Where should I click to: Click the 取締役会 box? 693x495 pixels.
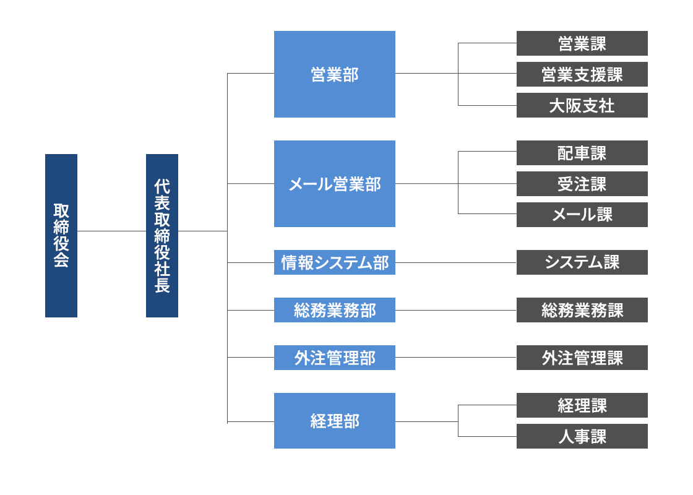(x=61, y=236)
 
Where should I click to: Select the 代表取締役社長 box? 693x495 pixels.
(x=162, y=236)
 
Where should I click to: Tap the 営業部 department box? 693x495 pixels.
(x=334, y=74)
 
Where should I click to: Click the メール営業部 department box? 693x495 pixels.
(x=334, y=184)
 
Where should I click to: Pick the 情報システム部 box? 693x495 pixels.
(x=334, y=262)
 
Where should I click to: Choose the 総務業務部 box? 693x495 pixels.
(x=334, y=310)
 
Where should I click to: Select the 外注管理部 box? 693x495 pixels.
(x=334, y=358)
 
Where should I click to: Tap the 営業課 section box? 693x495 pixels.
(x=582, y=43)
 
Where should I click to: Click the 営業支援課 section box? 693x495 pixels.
(x=582, y=74)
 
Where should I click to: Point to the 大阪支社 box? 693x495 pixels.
(x=582, y=105)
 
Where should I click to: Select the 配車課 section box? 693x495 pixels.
(x=582, y=153)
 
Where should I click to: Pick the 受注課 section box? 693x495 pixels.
(x=582, y=184)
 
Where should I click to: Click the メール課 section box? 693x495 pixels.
(x=582, y=215)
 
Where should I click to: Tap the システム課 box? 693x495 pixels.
(x=582, y=262)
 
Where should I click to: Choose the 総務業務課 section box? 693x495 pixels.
(x=582, y=310)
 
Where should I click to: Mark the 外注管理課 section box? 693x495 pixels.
(x=582, y=358)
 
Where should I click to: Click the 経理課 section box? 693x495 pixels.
(x=582, y=405)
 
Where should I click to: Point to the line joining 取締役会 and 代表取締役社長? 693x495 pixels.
(x=111, y=231)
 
